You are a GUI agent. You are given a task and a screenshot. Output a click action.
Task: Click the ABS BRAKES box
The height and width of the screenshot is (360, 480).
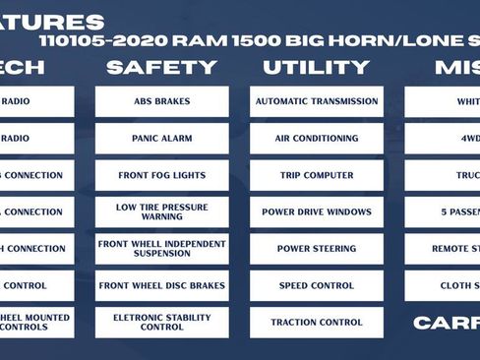click(x=161, y=101)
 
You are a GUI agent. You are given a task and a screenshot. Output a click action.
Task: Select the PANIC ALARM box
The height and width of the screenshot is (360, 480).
click(x=161, y=139)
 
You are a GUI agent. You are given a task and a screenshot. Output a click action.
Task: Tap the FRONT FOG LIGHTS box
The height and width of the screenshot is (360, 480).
click(x=161, y=175)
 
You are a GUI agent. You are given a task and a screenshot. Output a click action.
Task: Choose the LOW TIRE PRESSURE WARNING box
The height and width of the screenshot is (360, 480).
click(x=161, y=211)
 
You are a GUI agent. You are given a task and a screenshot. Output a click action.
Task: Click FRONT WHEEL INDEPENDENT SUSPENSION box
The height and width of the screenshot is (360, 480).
click(x=161, y=249)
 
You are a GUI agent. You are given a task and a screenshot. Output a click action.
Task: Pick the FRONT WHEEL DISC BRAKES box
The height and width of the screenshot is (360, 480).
click(x=161, y=285)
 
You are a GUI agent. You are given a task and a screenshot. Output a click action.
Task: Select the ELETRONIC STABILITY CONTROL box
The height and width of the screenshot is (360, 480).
click(x=161, y=323)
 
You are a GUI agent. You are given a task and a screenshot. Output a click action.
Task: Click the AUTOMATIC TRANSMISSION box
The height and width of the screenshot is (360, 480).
click(x=316, y=101)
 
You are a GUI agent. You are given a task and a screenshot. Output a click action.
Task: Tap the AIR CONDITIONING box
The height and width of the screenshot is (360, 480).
click(x=316, y=139)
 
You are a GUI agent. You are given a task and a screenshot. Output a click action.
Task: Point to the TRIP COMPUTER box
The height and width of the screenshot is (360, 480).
click(x=316, y=175)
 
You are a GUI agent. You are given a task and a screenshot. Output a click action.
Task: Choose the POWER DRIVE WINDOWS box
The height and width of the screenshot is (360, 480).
click(x=316, y=211)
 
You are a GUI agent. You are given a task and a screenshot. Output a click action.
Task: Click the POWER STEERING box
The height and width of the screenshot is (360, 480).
click(x=316, y=249)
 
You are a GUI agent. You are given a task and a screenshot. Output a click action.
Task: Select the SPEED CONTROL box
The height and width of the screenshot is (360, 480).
click(x=316, y=285)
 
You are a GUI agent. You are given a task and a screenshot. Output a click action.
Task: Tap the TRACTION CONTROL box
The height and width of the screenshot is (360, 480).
click(x=316, y=323)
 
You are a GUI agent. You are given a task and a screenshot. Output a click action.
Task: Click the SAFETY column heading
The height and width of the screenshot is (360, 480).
click(x=161, y=68)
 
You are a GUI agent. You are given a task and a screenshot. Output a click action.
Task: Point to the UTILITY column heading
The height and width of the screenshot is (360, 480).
click(x=316, y=68)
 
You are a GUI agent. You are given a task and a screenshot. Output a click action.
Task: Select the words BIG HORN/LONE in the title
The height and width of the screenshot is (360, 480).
click(x=378, y=42)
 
